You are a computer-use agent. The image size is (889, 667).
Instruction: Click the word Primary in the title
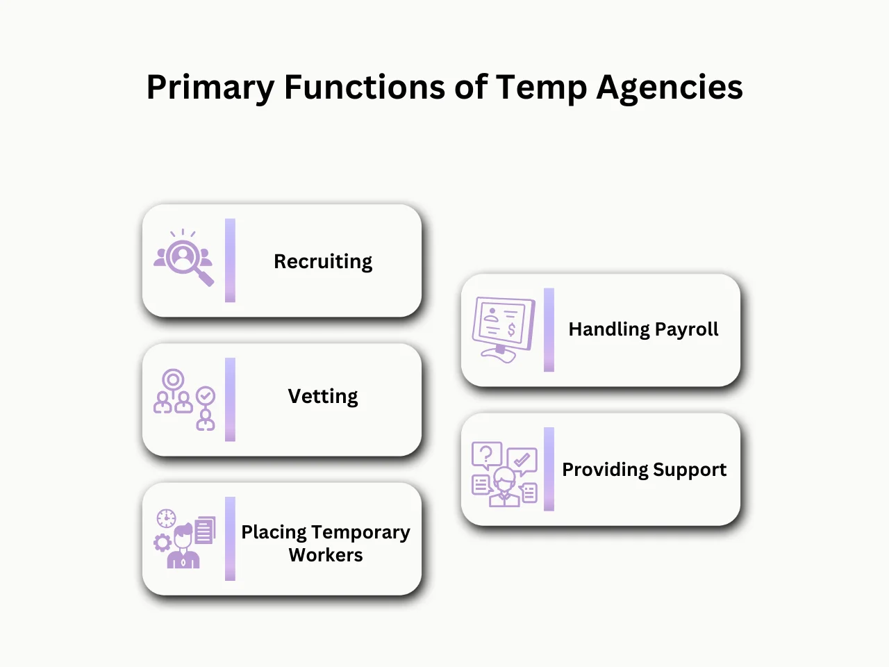coord(210,88)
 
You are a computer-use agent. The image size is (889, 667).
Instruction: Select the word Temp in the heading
coord(541,88)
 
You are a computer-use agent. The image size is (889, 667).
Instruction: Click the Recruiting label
coord(323,261)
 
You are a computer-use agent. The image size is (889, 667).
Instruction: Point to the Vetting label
coord(323,396)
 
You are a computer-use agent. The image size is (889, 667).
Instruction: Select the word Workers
coord(326,555)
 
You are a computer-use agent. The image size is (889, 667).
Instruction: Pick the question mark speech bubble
coord(486,455)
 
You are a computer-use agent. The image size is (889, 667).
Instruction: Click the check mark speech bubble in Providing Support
coord(522,459)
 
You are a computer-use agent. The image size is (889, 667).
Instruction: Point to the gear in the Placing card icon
coord(163,543)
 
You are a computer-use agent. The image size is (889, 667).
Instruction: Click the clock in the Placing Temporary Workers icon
coord(166,518)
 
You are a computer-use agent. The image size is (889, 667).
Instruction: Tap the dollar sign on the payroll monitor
coord(512,329)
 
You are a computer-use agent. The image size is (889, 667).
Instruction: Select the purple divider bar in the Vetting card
coord(230,400)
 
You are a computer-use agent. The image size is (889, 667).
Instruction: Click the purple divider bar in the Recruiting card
coord(230,261)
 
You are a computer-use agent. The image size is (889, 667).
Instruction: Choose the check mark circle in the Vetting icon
coord(206,396)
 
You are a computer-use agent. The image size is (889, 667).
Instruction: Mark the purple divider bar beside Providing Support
coord(549,469)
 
